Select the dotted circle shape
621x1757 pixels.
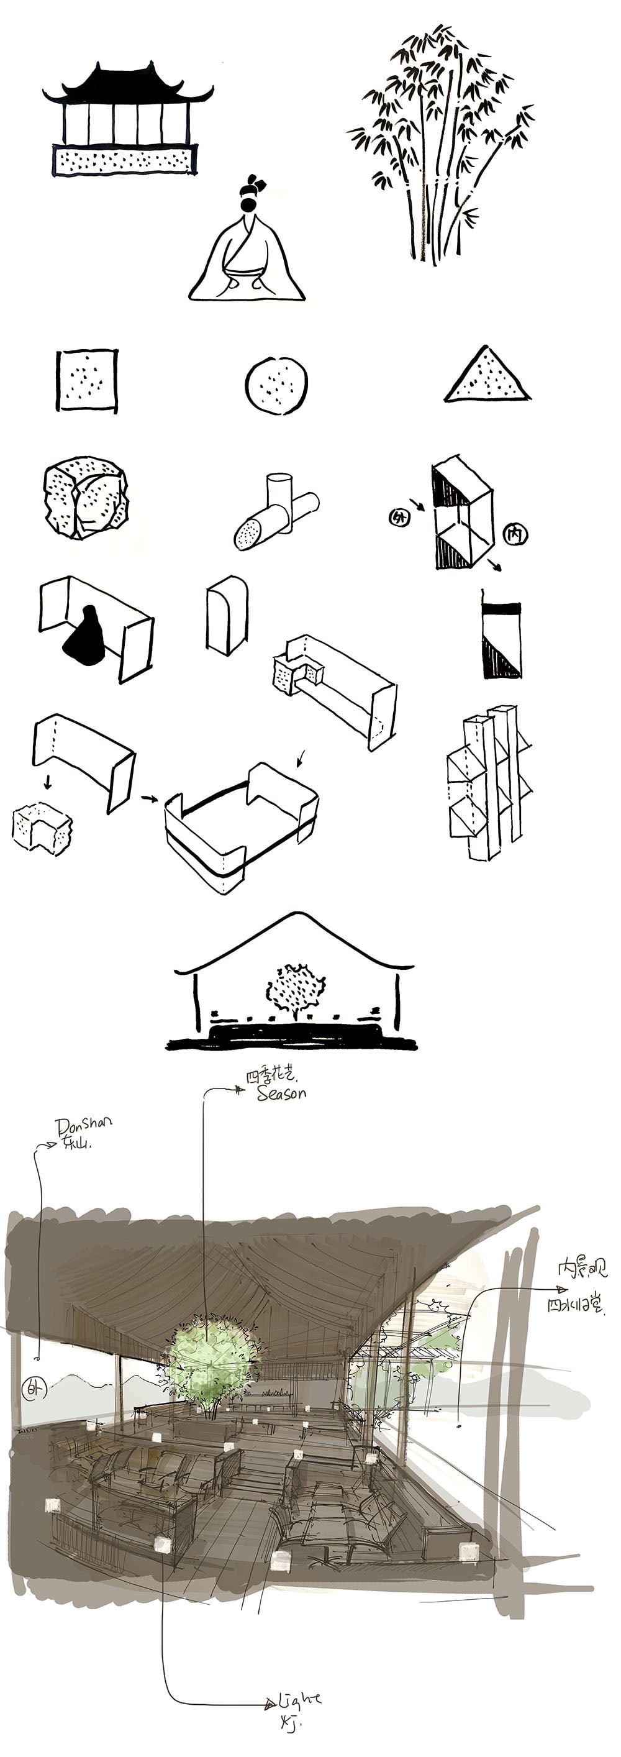pos(276,385)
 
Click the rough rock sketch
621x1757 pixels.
pos(85,497)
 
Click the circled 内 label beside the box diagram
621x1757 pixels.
pos(515,534)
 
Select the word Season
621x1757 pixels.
pos(281,1093)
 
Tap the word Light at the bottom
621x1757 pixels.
pos(300,1697)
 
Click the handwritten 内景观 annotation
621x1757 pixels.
pos(581,1269)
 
